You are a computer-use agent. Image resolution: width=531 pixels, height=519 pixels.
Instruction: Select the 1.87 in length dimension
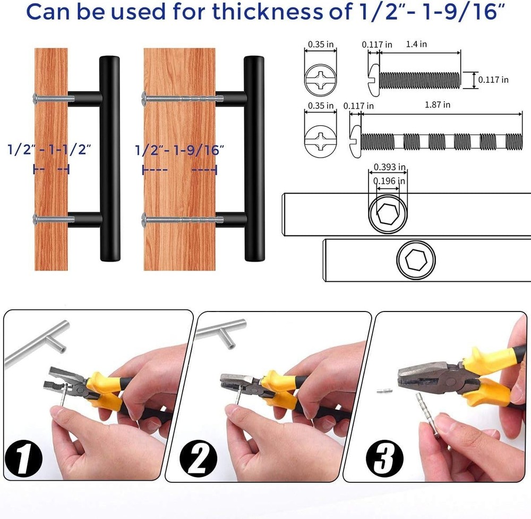[x=439, y=105]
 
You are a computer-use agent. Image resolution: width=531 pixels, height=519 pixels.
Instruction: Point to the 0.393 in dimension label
[x=389, y=167]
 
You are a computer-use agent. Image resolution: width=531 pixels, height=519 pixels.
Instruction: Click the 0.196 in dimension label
[x=389, y=181]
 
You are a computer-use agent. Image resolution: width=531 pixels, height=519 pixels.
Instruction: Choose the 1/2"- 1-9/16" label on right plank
[x=179, y=149]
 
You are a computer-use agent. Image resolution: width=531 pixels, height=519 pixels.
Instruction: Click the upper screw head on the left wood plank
[x=36, y=98]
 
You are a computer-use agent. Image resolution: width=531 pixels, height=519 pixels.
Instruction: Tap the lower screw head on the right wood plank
[x=144, y=218]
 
